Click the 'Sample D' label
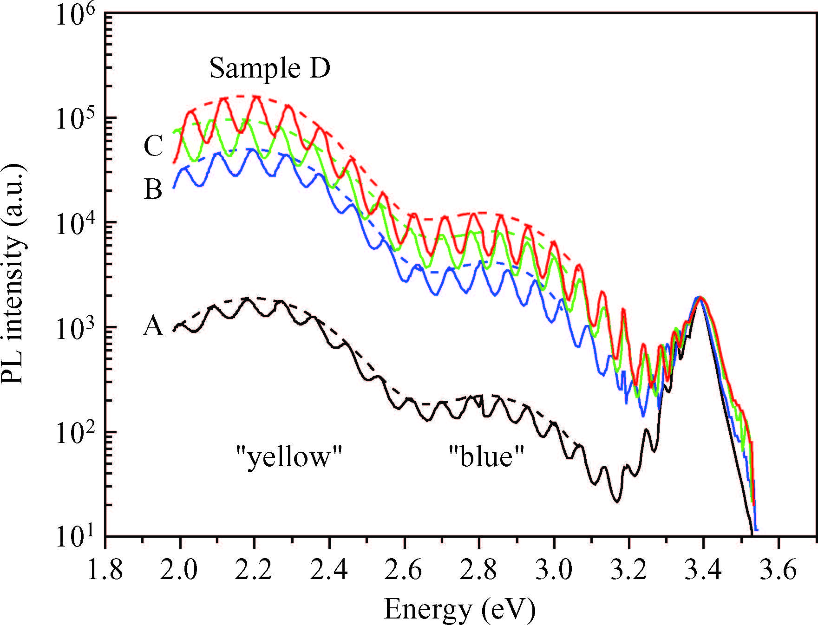[270, 68]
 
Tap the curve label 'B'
[153, 189]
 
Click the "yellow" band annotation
[289, 457]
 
